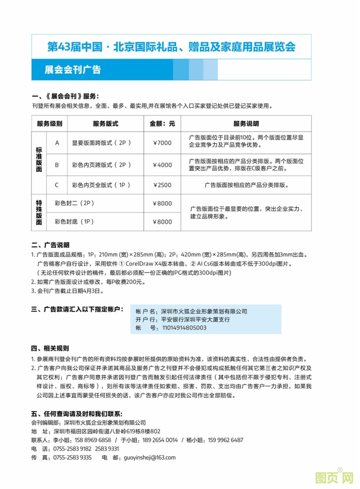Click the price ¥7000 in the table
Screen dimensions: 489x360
[162, 143]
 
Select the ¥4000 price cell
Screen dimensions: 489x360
[162, 165]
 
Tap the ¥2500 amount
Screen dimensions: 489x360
[162, 185]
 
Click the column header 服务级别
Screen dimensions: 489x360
[50, 124]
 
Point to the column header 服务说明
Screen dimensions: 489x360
[246, 124]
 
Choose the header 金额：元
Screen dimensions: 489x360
[162, 124]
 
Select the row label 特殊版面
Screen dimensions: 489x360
[39, 213]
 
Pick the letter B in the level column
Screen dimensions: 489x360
[57, 165]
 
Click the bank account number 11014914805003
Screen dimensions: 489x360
[184, 328]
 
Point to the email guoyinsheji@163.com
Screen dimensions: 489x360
[150, 458]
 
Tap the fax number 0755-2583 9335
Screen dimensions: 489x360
[72, 458]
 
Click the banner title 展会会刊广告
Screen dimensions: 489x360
[73, 70]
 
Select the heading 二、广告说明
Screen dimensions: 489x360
[50, 245]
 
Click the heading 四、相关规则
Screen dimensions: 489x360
[50, 349]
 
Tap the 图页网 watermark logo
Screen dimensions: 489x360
[334, 477]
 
